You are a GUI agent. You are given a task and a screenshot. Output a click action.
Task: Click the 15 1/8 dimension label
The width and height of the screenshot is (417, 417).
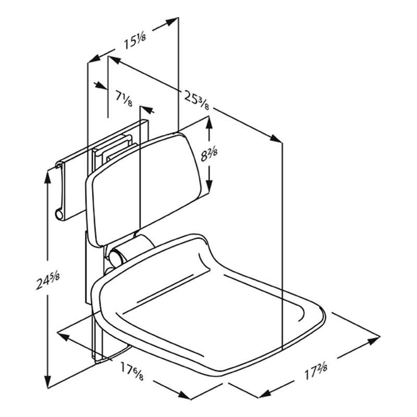coord(135,41)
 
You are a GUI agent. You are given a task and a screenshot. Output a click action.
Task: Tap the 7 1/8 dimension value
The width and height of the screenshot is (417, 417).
coord(124,98)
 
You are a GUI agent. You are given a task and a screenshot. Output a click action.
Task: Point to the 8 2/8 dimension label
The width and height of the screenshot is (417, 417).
coord(209,154)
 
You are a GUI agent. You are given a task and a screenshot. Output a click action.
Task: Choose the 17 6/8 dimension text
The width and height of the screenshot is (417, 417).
coord(132,371)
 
